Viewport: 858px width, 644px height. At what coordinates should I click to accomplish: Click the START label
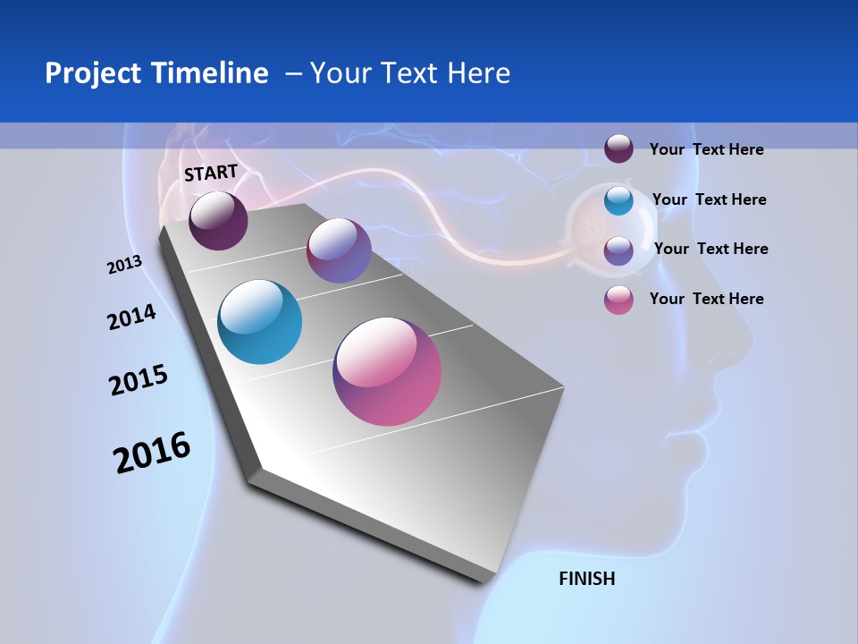coord(211,173)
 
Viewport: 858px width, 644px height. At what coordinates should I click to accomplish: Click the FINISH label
coord(586,579)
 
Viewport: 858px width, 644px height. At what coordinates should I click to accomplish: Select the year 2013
coord(124,265)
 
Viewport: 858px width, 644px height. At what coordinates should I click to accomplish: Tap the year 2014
coord(131,317)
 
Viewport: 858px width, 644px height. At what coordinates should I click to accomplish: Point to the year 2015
coord(139,380)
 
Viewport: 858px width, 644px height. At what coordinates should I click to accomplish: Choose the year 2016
coord(152,453)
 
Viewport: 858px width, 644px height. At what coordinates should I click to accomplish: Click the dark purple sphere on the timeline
coord(218,220)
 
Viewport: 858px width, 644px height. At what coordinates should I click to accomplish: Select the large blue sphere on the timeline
coord(260,322)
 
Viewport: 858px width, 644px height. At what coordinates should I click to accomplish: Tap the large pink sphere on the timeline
coord(387,371)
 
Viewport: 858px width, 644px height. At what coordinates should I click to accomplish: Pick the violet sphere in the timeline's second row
coord(339,250)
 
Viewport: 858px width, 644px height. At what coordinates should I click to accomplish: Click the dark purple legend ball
coord(618,149)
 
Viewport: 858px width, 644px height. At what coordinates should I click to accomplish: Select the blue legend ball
coord(618,200)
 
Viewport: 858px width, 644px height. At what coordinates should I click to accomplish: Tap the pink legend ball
coord(618,300)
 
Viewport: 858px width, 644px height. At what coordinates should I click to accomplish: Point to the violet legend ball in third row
coord(618,250)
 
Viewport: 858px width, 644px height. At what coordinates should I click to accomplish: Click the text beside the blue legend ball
coord(709,199)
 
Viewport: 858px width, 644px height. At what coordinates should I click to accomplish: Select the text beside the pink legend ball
coord(706,299)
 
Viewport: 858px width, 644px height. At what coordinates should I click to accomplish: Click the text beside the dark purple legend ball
coord(706,149)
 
